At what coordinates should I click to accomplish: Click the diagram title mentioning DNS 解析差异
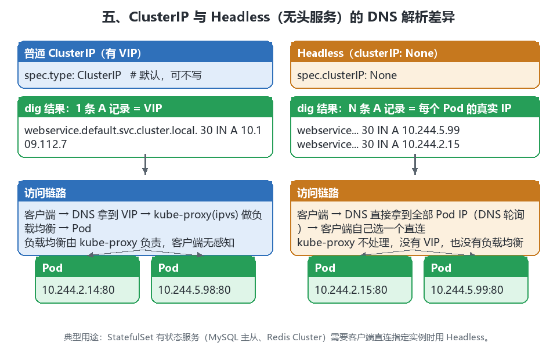click(x=278, y=17)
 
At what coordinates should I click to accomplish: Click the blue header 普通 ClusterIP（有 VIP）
click(x=83, y=53)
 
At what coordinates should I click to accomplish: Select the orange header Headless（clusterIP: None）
click(x=367, y=53)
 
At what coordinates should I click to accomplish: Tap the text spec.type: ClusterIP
click(x=73, y=75)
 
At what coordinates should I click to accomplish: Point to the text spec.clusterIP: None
click(x=347, y=75)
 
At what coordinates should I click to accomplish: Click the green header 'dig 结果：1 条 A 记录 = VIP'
click(x=93, y=108)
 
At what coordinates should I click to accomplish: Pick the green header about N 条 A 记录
click(x=404, y=108)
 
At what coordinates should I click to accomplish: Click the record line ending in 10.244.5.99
click(x=378, y=131)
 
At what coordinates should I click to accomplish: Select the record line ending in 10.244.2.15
click(x=378, y=144)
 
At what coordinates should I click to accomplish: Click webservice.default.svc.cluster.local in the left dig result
click(x=110, y=131)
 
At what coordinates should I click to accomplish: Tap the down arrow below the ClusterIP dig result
click(x=145, y=164)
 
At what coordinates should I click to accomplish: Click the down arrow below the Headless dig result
click(x=414, y=164)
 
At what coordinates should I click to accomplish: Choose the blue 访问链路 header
click(x=45, y=193)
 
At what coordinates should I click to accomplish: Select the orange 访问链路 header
click(x=318, y=193)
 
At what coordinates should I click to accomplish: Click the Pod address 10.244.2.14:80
click(x=78, y=290)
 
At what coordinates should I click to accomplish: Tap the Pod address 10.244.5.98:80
click(x=194, y=290)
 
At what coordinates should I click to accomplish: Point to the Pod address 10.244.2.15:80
click(x=351, y=290)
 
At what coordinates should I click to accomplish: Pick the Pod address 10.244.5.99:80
click(x=466, y=290)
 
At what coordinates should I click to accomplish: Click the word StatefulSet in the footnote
click(x=131, y=337)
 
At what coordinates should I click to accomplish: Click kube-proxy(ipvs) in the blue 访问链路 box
click(x=196, y=215)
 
